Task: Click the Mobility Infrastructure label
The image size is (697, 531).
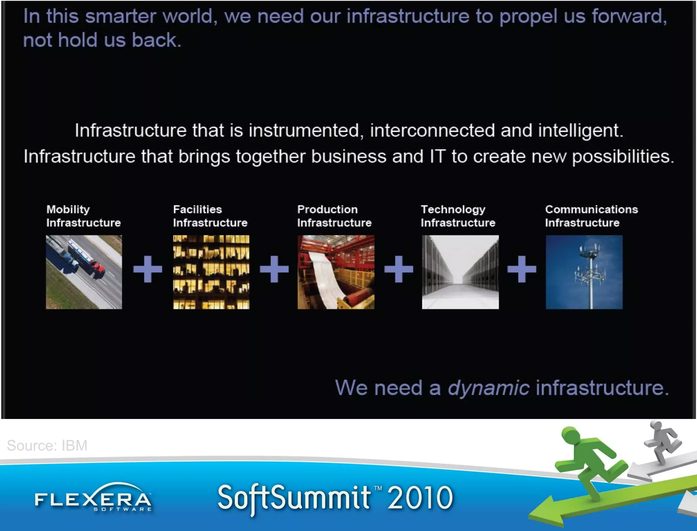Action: click(x=83, y=216)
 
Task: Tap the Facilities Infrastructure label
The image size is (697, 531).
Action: click(x=210, y=216)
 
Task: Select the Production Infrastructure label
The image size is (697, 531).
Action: click(x=334, y=216)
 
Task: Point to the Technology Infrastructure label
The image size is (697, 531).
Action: click(x=458, y=216)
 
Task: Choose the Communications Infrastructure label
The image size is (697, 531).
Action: click(x=591, y=216)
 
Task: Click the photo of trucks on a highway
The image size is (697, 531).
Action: click(x=84, y=272)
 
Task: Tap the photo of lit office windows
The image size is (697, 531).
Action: click(x=211, y=272)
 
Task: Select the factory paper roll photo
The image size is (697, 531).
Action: click(x=336, y=272)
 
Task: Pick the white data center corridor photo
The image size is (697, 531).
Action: click(x=460, y=272)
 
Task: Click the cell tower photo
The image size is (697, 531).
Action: click(x=584, y=272)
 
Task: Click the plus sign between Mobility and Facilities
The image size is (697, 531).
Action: click(x=147, y=269)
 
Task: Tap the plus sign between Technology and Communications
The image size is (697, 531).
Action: click(x=521, y=269)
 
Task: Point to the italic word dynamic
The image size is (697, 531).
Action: click(x=488, y=388)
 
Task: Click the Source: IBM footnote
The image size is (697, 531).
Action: click(x=47, y=446)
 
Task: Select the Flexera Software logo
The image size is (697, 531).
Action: click(x=93, y=499)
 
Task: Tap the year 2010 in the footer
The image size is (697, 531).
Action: click(x=420, y=498)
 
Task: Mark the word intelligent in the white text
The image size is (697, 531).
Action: click(x=580, y=130)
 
